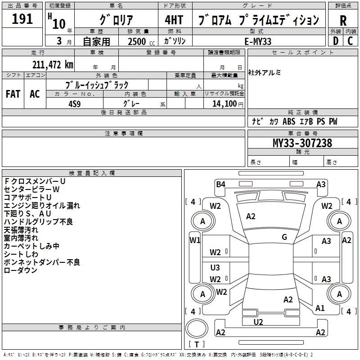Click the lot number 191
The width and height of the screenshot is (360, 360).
(22, 19)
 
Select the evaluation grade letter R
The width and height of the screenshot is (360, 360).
(343, 21)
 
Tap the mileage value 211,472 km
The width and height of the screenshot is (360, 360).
(53, 65)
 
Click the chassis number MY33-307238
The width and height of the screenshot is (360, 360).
(302, 143)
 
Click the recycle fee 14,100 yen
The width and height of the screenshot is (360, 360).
(224, 103)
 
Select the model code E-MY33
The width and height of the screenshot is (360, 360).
(258, 41)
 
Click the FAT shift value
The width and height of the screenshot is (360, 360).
(13, 94)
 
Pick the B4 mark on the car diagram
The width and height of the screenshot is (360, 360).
(220, 184)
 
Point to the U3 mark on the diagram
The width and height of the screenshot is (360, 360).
(215, 268)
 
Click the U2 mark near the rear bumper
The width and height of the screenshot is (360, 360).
(258, 322)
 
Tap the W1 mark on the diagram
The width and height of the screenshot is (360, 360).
(195, 240)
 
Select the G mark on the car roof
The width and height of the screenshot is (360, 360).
(284, 237)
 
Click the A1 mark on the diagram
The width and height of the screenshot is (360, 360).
(320, 308)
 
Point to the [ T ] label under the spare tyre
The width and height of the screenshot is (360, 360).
(196, 344)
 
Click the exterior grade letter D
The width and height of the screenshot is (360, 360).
(335, 41)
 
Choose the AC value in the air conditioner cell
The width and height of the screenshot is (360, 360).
(35, 94)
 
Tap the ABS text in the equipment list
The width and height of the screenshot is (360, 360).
(288, 121)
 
